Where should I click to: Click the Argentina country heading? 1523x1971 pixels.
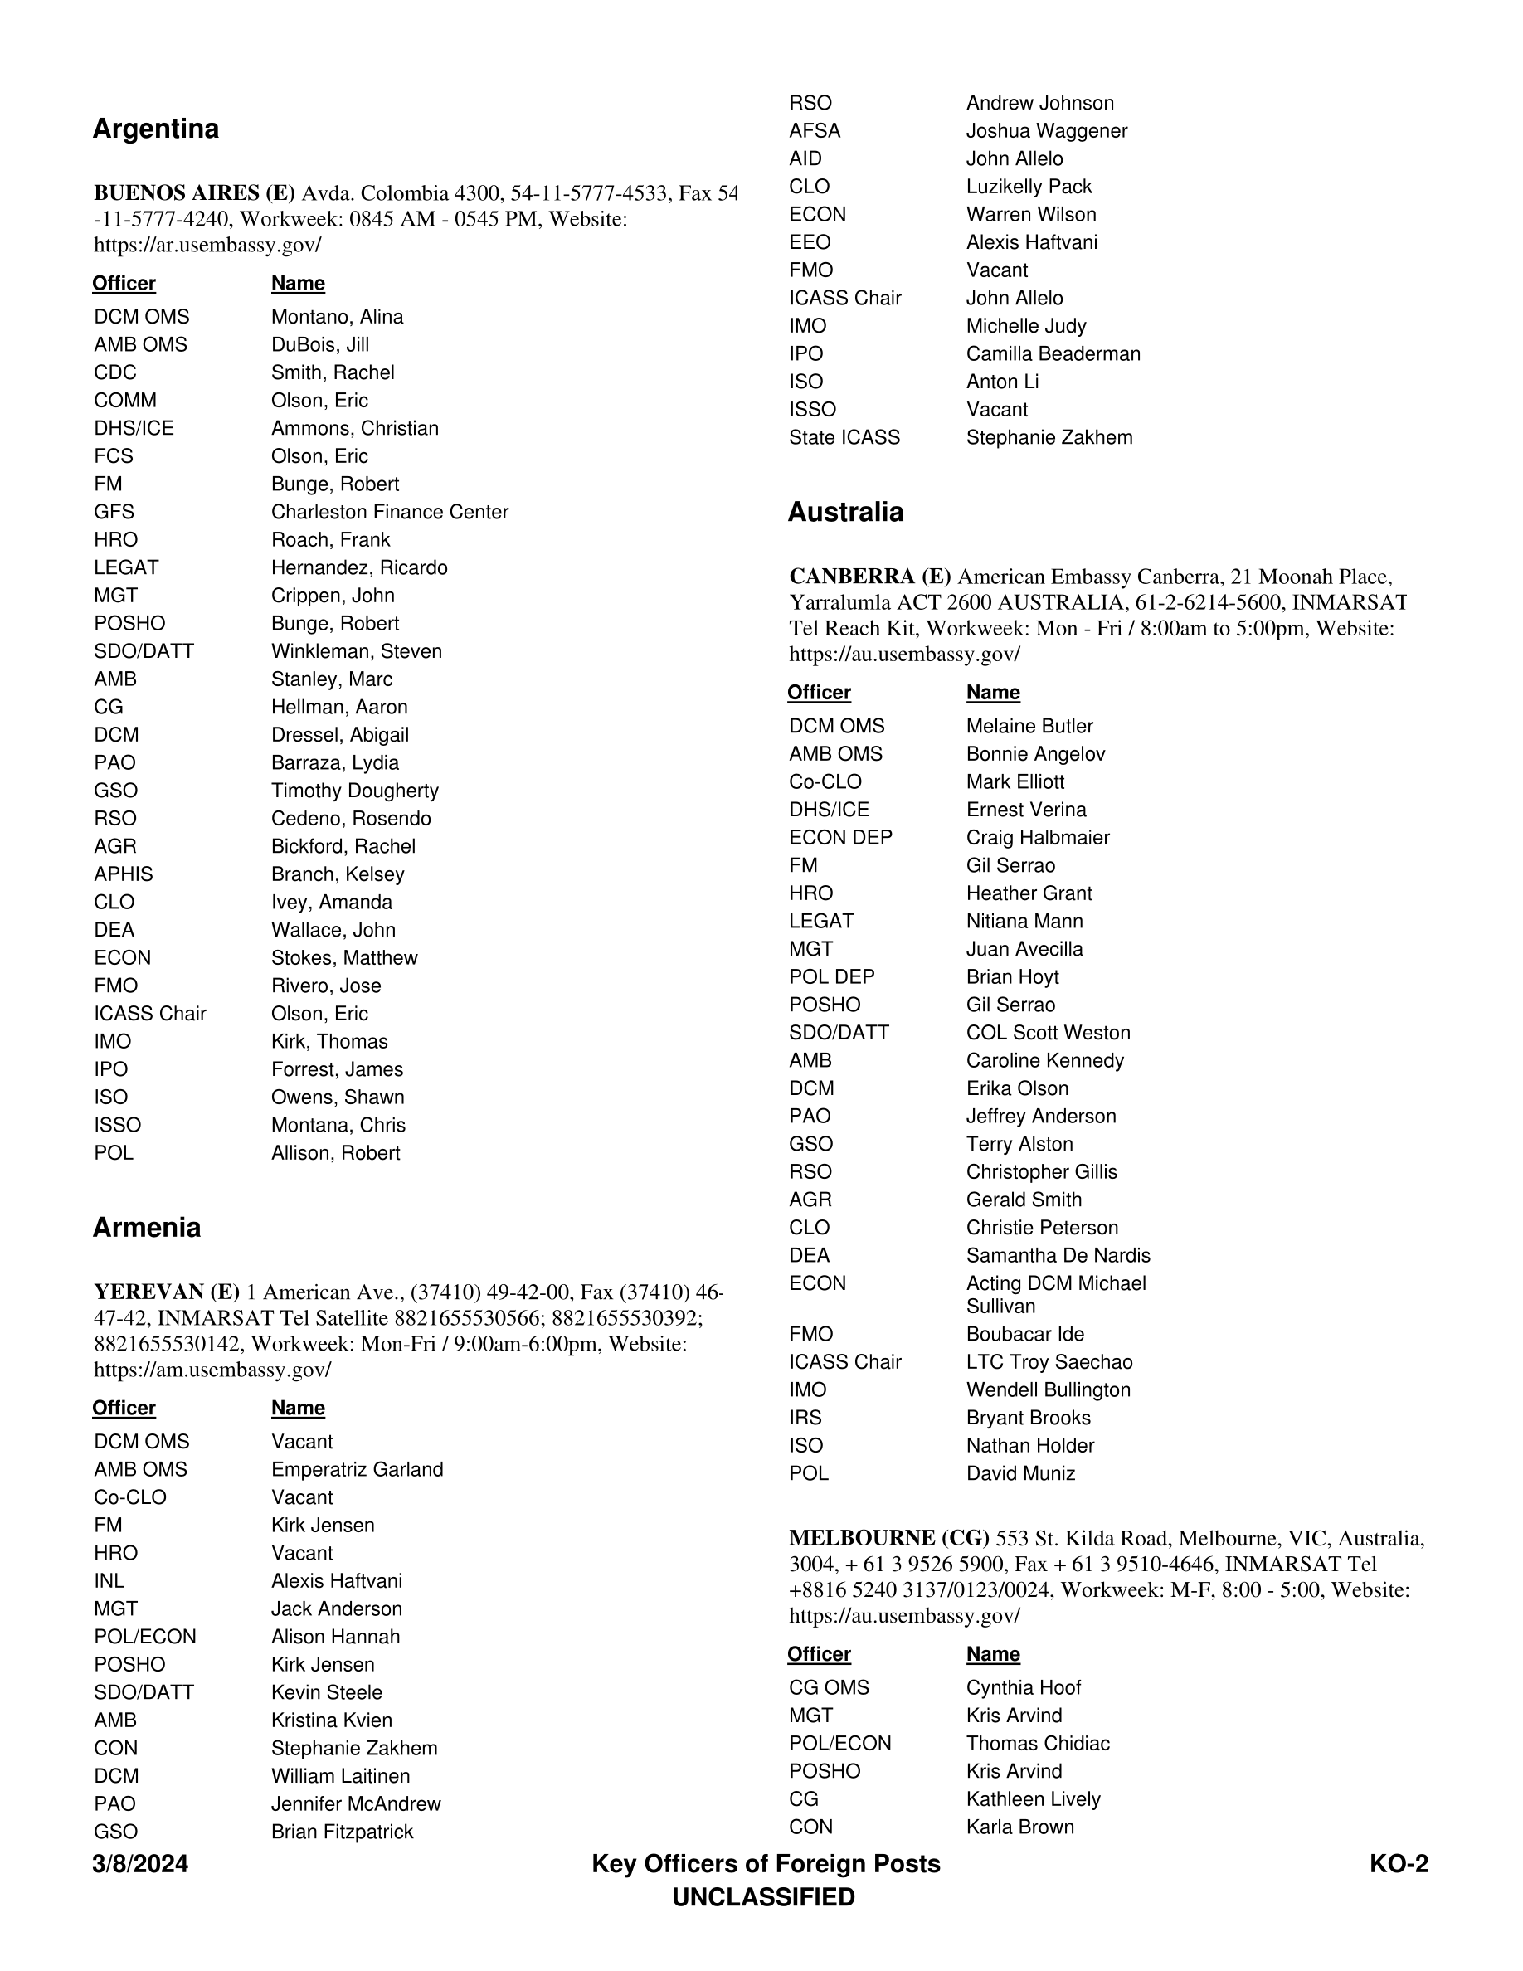pyautogui.click(x=155, y=129)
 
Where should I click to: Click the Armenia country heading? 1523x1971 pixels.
pyautogui.click(x=146, y=1228)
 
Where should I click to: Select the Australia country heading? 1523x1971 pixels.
pyautogui.click(x=844, y=512)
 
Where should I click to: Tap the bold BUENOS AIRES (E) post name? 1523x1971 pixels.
pyautogui.click(x=194, y=193)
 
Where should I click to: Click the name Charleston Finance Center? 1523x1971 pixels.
pyautogui.click(x=389, y=512)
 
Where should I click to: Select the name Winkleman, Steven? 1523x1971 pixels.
pyautogui.click(x=357, y=651)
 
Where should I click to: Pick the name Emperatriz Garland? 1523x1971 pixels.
pyautogui.click(x=357, y=1469)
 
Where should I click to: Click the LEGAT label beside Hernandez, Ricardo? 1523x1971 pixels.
pyautogui.click(x=125, y=567)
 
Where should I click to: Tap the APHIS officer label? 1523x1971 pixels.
pyautogui.click(x=123, y=874)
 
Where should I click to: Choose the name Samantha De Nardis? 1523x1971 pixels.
pyautogui.click(x=1058, y=1255)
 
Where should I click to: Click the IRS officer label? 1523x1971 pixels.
pyautogui.click(x=805, y=1418)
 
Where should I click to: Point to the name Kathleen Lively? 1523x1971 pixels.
pyautogui.click(x=1033, y=1798)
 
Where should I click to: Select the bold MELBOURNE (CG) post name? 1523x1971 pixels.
pyautogui.click(x=888, y=1538)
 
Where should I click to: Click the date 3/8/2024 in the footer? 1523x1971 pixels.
pyautogui.click(x=140, y=1864)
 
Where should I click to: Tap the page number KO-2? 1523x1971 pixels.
pyautogui.click(x=1398, y=1864)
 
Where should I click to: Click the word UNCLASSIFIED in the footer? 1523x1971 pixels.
pyautogui.click(x=763, y=1897)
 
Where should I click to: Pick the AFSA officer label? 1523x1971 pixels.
pyautogui.click(x=814, y=131)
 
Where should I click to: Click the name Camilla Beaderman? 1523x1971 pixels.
pyautogui.click(x=1053, y=353)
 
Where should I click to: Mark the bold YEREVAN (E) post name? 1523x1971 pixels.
pyautogui.click(x=166, y=1292)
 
